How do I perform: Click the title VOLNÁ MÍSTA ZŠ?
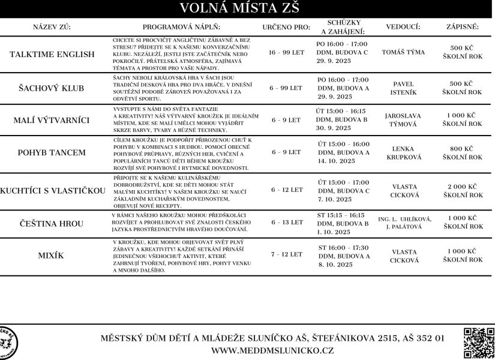[247, 8]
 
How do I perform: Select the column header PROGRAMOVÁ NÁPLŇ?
[181, 28]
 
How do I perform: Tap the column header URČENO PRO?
[286, 28]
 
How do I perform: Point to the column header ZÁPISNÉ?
[462, 28]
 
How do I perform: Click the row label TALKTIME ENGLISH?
[52, 55]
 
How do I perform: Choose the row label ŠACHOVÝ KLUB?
[52, 88]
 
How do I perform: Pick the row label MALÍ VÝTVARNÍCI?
[52, 120]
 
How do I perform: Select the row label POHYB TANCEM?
[52, 152]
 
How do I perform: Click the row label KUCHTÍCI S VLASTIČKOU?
[52, 190]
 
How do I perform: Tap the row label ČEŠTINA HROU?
[52, 222]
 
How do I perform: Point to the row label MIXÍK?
[52, 255]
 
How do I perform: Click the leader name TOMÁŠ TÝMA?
[403, 52]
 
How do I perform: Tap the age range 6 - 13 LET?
[287, 222]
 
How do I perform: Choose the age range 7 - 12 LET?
[287, 254]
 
